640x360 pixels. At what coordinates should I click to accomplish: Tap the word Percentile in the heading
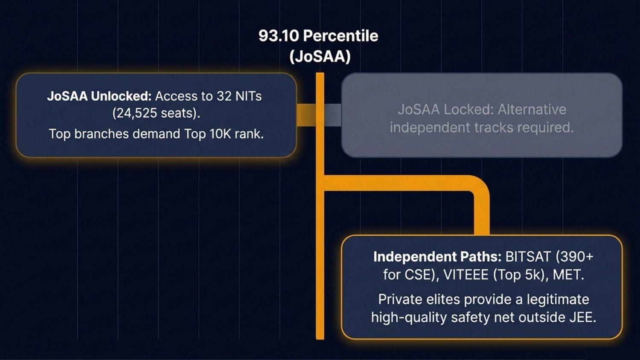pyautogui.click(x=340, y=36)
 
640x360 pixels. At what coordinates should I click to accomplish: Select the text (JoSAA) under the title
pyautogui.click(x=320, y=56)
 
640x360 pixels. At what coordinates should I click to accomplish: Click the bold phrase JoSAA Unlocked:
pyautogui.click(x=99, y=96)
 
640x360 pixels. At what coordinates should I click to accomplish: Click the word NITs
pyautogui.click(x=248, y=96)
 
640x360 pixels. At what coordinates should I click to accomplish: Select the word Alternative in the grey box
pyautogui.click(x=532, y=110)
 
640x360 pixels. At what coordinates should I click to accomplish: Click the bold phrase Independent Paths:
pyautogui.click(x=437, y=257)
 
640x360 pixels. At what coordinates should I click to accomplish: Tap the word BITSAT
pyautogui.click(x=528, y=257)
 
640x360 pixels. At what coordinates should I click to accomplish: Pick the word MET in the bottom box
pyautogui.click(x=566, y=275)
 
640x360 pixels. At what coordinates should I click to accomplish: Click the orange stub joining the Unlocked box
pyautogui.click(x=306, y=115)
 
